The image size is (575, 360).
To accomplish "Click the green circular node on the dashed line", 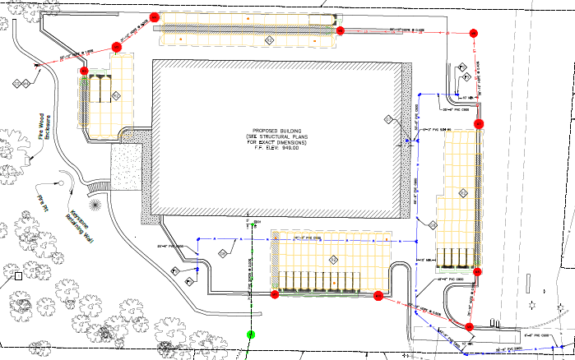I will tap(250, 335).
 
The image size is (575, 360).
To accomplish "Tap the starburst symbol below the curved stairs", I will tap(97, 202).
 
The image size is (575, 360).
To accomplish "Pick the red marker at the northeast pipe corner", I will tap(472, 33).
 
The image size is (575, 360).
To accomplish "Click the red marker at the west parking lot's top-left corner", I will tap(84, 72).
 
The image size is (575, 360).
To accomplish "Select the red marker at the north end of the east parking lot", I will tap(479, 123).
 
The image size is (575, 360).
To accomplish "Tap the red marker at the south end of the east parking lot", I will tap(478, 270).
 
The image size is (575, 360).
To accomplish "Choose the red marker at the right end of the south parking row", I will tap(378, 294).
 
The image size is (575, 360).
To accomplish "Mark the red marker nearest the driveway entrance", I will tap(468, 327).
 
